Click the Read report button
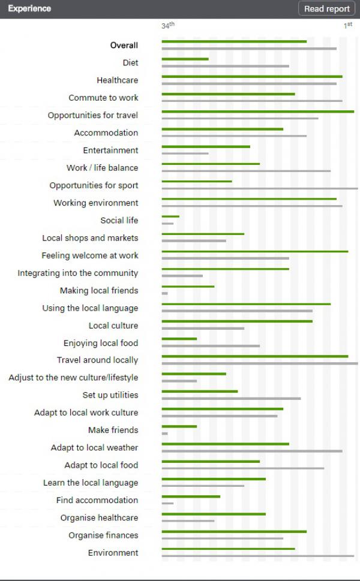[327, 8]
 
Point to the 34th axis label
[167, 26]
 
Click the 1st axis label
[348, 26]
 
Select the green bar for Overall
[234, 41]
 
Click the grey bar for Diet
[225, 66]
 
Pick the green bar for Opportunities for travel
[257, 112]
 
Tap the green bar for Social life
[170, 216]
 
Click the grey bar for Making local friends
[165, 293]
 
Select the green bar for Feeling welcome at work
[254, 252]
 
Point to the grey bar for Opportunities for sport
[259, 188]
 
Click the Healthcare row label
[117, 80]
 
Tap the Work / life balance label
[102, 168]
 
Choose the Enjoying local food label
[100, 343]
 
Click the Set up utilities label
[110, 395]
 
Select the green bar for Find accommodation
[191, 496]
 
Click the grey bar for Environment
[257, 556]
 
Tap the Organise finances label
[103, 535]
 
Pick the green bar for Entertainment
[206, 146]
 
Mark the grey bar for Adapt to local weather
[251, 451]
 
